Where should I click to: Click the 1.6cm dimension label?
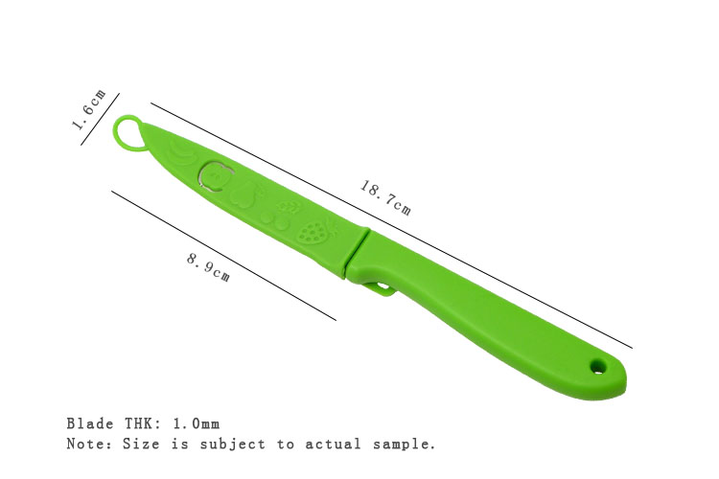89,109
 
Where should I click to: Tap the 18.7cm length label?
385,198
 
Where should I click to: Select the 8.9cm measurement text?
208,267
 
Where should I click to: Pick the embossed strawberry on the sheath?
314,232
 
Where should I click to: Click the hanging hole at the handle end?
597,366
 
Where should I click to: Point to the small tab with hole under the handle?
380,288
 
